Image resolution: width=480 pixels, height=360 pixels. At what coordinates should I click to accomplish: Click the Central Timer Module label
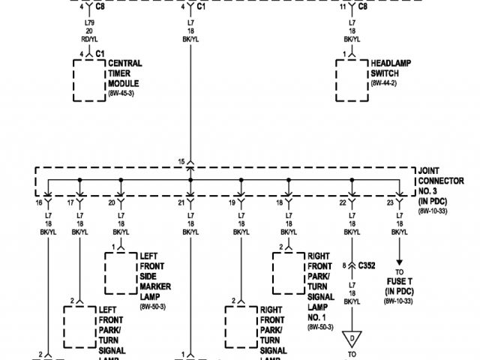point(125,73)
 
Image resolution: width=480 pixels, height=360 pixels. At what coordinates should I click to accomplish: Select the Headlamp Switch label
point(388,69)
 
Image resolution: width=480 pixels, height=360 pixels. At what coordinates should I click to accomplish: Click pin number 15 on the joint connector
point(181,161)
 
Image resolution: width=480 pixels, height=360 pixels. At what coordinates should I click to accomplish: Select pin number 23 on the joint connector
point(389,202)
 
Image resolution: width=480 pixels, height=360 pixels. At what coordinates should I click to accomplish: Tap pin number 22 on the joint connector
point(343,202)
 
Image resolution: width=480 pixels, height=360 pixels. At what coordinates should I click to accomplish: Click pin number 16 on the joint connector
point(38,202)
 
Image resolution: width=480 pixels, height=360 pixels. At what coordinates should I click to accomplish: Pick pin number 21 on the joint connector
point(181,202)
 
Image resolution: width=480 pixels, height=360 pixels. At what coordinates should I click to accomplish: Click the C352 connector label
point(367,265)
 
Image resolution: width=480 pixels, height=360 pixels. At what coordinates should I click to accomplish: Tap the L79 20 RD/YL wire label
point(89,31)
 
